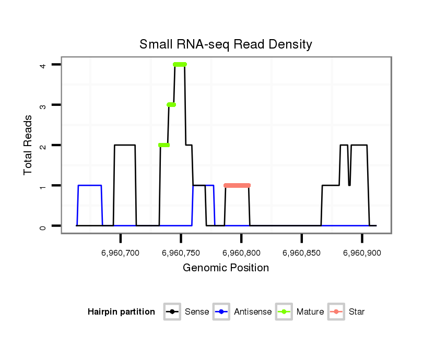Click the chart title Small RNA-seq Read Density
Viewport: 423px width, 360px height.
(226, 44)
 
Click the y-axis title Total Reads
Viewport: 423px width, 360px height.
(29, 145)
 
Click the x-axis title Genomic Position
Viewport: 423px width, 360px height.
(226, 268)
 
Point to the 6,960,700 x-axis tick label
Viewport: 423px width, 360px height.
(121, 253)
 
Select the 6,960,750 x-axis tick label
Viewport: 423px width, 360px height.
(181, 253)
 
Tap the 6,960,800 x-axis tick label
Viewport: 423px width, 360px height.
(241, 253)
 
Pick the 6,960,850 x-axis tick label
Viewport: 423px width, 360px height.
(301, 253)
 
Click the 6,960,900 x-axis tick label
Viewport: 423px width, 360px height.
(362, 253)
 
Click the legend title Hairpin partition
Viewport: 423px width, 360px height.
(121, 312)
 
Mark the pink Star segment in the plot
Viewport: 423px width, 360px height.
(237, 185)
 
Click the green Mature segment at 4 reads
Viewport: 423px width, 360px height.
(180, 65)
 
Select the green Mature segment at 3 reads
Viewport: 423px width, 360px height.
(171, 105)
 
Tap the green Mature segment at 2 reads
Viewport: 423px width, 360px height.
(164, 145)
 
